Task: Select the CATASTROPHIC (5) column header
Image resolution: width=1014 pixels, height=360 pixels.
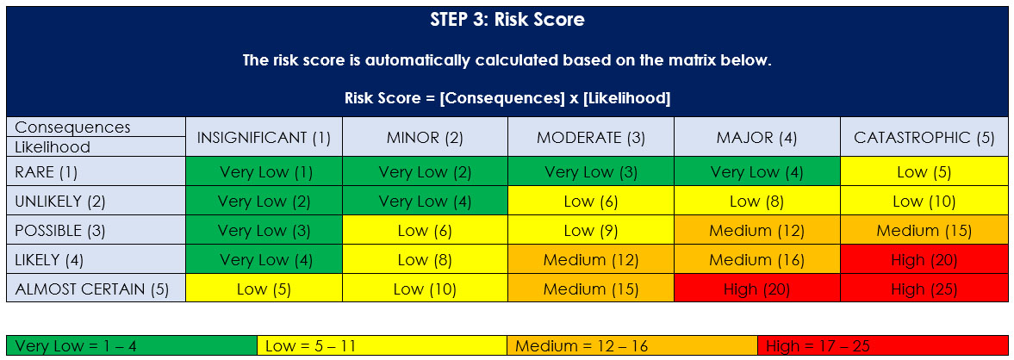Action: (x=924, y=137)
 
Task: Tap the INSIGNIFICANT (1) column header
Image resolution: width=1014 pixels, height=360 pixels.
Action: (x=264, y=137)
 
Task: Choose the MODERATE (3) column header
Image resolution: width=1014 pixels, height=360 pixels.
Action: (x=590, y=137)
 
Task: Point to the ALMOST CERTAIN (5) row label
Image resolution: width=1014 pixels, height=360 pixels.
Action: (x=92, y=289)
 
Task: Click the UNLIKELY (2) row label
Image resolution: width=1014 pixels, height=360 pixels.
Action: (x=60, y=202)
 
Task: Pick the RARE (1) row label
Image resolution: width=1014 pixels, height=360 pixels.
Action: (x=47, y=172)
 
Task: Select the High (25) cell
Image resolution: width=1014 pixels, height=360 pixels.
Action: (x=924, y=289)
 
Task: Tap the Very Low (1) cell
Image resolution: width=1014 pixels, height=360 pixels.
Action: (x=264, y=172)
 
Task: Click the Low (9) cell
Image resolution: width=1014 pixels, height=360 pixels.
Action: (x=590, y=231)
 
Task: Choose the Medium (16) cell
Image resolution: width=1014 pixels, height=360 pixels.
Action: (x=756, y=260)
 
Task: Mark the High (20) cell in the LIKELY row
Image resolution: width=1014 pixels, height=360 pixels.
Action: (x=924, y=260)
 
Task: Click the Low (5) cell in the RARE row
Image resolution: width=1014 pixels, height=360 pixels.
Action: (x=924, y=172)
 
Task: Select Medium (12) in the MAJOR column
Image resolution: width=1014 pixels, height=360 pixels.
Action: (x=756, y=231)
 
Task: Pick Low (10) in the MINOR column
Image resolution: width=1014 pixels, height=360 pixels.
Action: (x=425, y=289)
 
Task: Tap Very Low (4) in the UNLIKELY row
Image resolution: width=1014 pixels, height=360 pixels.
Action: (x=425, y=202)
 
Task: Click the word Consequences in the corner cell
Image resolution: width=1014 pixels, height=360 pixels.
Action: (x=72, y=127)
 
